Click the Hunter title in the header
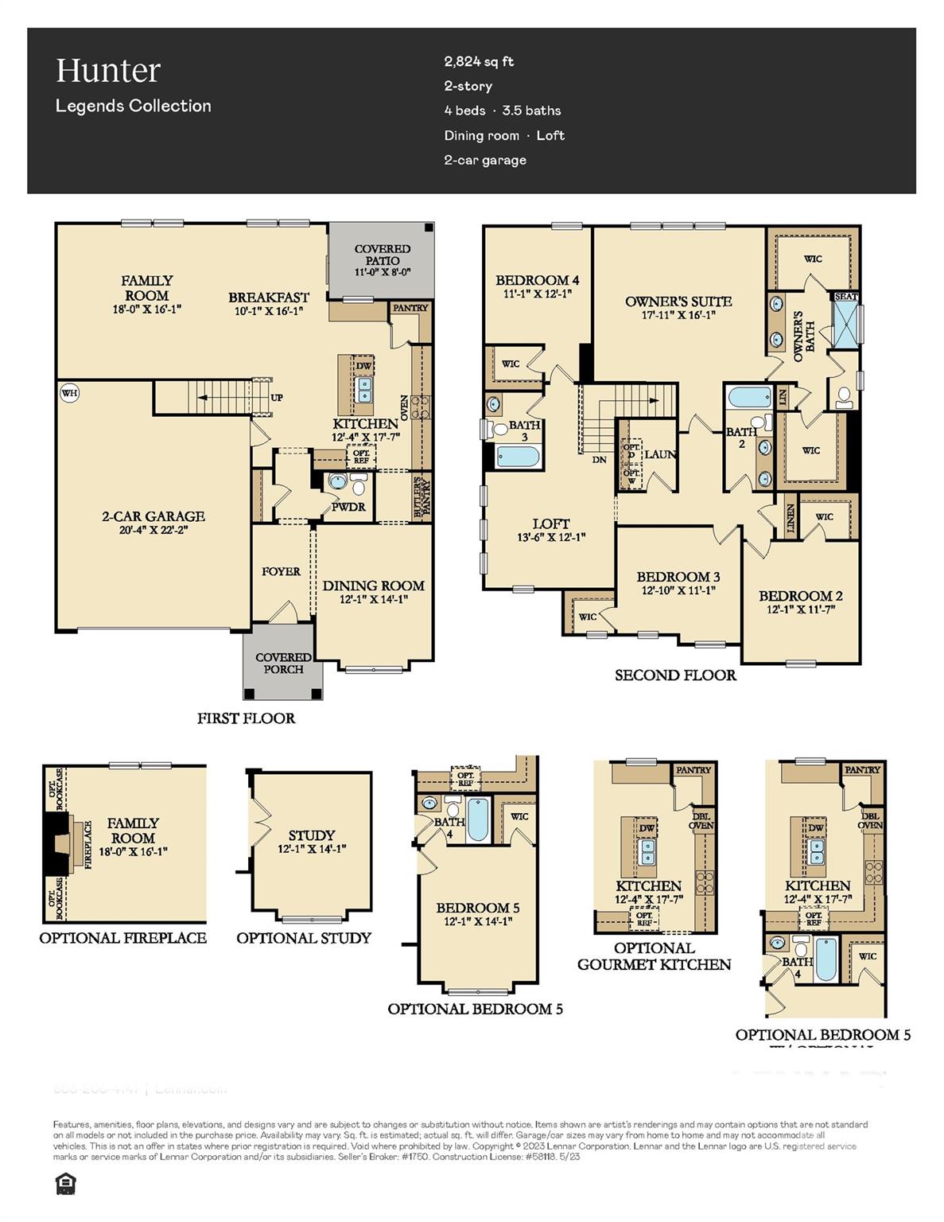pyautogui.click(x=108, y=71)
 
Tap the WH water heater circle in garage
pyautogui.click(x=69, y=392)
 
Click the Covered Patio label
pyautogui.click(x=383, y=255)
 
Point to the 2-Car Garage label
pyautogui.click(x=153, y=516)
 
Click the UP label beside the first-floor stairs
pyautogui.click(x=277, y=398)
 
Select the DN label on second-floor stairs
pyautogui.click(x=599, y=459)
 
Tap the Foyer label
pyautogui.click(x=281, y=571)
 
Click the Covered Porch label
pyautogui.click(x=283, y=664)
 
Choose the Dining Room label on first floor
pyautogui.click(x=373, y=586)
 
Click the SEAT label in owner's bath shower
pyautogui.click(x=845, y=296)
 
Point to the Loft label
pyautogui.click(x=550, y=523)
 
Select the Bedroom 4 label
pyautogui.click(x=537, y=280)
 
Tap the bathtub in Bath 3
pyautogui.click(x=518, y=457)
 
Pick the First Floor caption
pyautogui.click(x=246, y=718)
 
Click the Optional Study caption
pyautogui.click(x=304, y=938)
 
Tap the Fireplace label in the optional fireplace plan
pyautogui.click(x=88, y=844)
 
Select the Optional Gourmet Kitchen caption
pyautogui.click(x=654, y=956)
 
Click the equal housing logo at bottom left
pyautogui.click(x=64, y=1185)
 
